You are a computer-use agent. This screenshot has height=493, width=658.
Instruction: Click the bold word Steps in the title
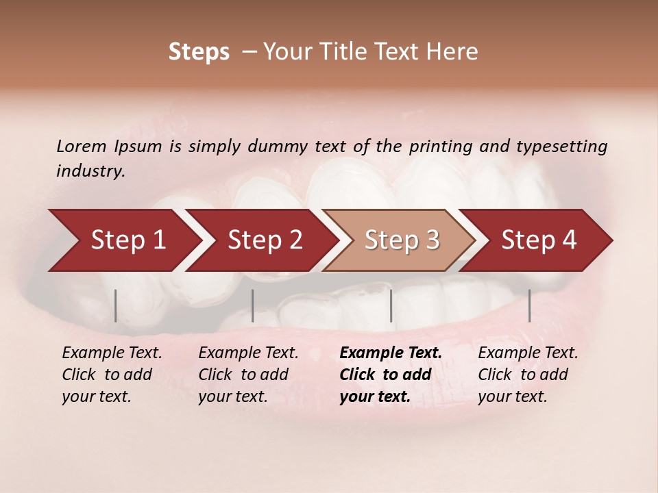[199, 52]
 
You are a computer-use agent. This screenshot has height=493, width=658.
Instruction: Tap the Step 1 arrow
[123, 240]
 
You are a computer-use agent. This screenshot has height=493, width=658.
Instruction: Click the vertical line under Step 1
[116, 305]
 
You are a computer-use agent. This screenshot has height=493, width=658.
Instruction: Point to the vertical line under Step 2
[253, 305]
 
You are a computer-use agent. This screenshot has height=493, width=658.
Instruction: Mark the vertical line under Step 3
[391, 305]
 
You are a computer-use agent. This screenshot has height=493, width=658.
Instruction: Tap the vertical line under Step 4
[529, 305]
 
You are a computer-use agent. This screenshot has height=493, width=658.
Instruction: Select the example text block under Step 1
[111, 375]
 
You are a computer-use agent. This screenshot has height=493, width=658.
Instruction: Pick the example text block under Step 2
[247, 375]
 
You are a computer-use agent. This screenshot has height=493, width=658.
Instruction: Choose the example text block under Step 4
[527, 375]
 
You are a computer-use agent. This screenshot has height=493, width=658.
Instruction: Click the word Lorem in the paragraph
[81, 146]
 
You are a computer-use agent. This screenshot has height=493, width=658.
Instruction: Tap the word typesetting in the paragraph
[561, 147]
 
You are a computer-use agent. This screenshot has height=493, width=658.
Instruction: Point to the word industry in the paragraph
[90, 171]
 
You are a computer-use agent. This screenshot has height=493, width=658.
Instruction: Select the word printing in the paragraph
[441, 147]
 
